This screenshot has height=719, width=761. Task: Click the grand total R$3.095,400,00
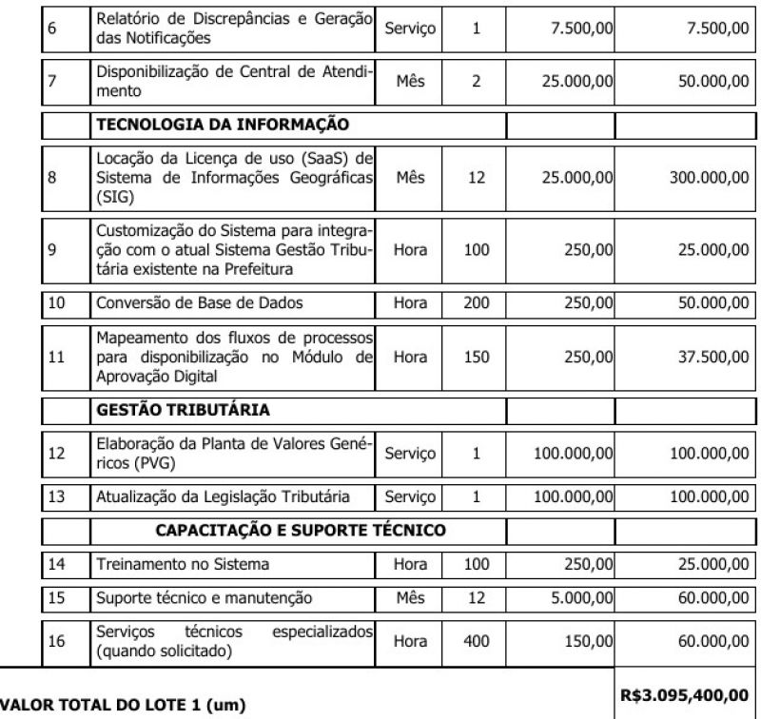point(687,696)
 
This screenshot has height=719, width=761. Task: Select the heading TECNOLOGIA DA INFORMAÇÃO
point(222,124)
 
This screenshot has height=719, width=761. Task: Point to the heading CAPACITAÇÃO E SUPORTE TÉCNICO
point(300,530)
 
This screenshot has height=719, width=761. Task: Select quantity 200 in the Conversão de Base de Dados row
point(476,302)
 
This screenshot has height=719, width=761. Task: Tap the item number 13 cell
point(57,496)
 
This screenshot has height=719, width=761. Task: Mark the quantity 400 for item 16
point(476,641)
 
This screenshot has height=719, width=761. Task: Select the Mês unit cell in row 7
point(410,82)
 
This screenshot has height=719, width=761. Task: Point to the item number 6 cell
point(53,29)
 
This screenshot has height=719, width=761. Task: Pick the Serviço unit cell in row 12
point(410,453)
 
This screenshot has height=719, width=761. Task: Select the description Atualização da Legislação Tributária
point(223,496)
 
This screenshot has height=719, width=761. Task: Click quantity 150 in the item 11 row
point(476,357)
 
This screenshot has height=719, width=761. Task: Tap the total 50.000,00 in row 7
point(707,82)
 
